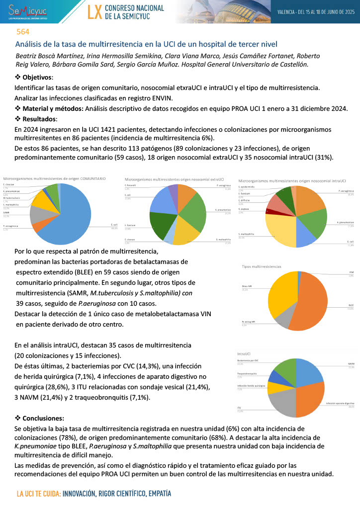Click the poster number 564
22,31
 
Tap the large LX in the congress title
94,12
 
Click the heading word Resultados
39,119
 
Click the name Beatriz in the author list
28,55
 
